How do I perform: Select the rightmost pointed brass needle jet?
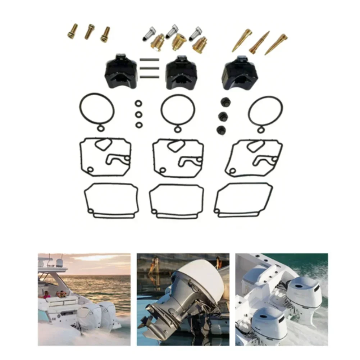point(276,44)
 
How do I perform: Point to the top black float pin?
point(149,60)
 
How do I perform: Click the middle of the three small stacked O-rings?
point(138,114)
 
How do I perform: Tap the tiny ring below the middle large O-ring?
point(177,129)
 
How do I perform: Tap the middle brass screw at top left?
point(89,32)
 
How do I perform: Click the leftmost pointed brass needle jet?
point(242,41)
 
